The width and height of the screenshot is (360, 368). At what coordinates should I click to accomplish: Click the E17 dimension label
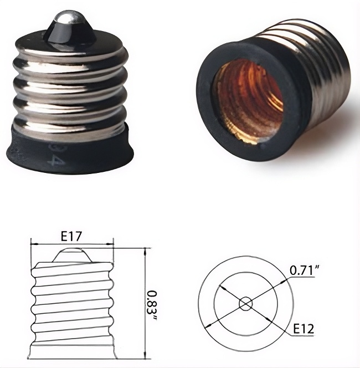(x=71, y=236)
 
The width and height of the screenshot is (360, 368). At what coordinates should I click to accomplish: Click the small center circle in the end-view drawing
(x=245, y=303)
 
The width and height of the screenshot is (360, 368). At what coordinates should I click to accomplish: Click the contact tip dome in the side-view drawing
(x=71, y=255)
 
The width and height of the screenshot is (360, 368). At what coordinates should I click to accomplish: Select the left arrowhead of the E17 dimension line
(x=33, y=243)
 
